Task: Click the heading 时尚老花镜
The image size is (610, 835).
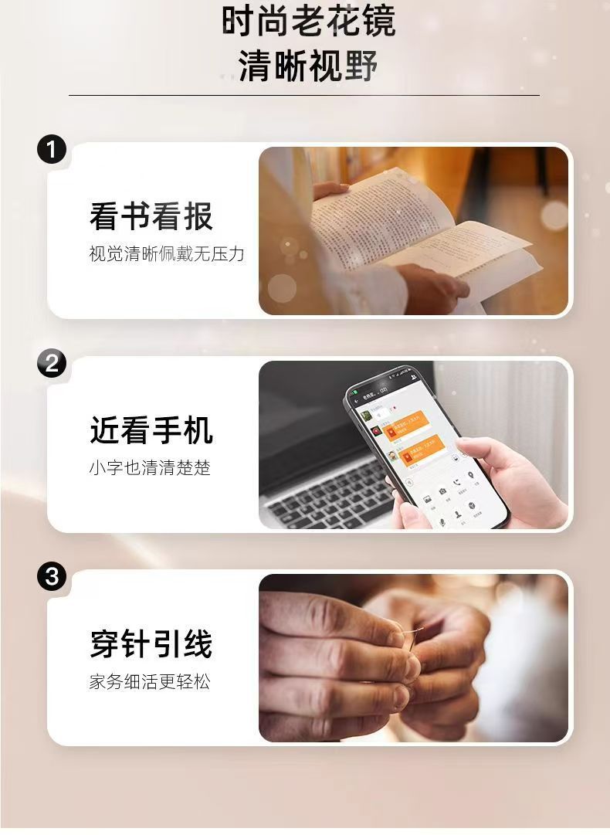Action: [x=308, y=22]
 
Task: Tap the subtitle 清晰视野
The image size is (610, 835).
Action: [x=308, y=66]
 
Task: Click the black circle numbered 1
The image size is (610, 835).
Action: [x=52, y=149]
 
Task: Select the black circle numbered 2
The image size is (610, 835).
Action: [x=52, y=363]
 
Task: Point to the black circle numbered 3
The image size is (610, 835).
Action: [x=52, y=576]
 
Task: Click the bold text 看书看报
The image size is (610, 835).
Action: [x=151, y=217]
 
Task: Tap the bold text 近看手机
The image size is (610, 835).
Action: [x=151, y=431]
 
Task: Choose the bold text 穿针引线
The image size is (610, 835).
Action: [x=151, y=645]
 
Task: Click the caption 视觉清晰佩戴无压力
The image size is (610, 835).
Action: [x=167, y=254]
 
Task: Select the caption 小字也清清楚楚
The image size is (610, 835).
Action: [x=150, y=468]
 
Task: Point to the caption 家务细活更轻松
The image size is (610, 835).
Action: [x=150, y=682]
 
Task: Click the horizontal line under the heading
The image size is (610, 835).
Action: [x=304, y=95]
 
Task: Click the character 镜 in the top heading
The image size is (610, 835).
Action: [x=378, y=22]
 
